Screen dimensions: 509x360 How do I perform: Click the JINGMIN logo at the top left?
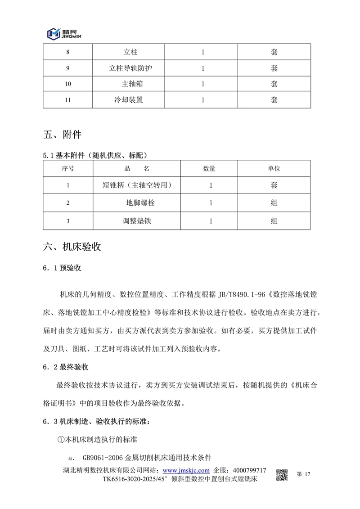click(x=63, y=33)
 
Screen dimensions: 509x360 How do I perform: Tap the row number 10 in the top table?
click(x=68, y=84)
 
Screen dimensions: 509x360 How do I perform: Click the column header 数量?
click(x=210, y=169)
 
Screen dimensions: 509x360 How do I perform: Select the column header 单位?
click(x=274, y=169)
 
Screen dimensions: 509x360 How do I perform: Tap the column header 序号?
click(x=68, y=169)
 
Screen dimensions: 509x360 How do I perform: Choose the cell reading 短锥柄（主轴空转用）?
click(x=136, y=185)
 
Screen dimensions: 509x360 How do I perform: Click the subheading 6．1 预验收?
click(x=62, y=268)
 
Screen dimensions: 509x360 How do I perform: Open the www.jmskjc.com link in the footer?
click(x=188, y=470)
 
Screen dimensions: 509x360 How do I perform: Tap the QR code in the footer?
click(x=282, y=475)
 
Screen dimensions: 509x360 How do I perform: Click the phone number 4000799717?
click(x=247, y=470)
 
